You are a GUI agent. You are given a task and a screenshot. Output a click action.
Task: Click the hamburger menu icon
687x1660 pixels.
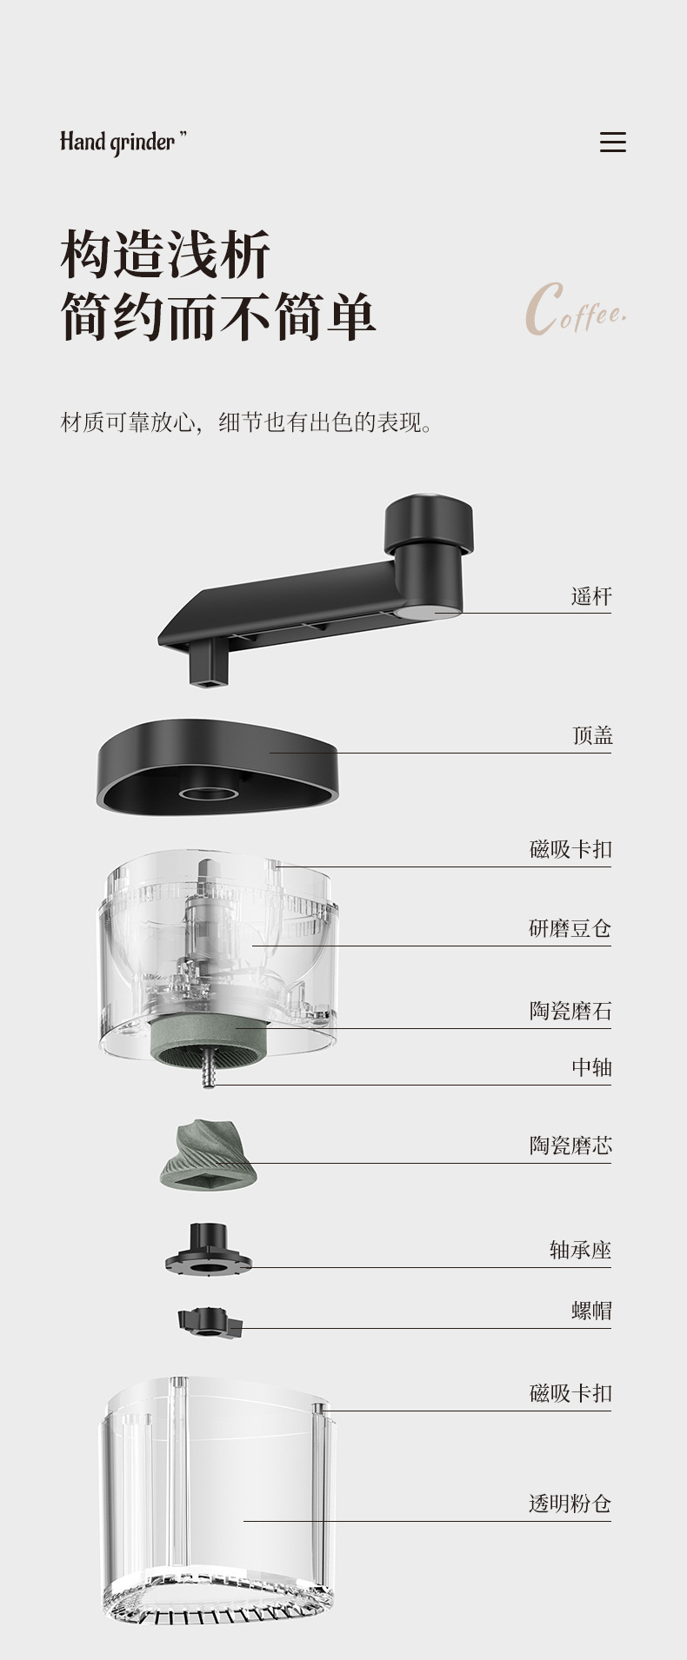coord(612,143)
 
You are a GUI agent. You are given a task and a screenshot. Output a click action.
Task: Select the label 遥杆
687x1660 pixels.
coord(591,596)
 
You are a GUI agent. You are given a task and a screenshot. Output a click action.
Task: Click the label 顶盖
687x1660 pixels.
coord(592,736)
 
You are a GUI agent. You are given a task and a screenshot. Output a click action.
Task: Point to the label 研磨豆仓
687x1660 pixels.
coord(570,929)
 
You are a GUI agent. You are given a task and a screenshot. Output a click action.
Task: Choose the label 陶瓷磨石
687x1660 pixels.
coord(570,1012)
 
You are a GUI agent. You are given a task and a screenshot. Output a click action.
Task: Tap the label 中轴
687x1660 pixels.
coord(591,1067)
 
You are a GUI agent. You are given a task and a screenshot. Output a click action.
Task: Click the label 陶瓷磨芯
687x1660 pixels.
coord(570,1146)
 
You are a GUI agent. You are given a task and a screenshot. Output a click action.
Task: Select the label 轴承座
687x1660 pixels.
coord(580,1251)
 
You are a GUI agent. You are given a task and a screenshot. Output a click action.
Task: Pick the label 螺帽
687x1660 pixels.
coord(591,1311)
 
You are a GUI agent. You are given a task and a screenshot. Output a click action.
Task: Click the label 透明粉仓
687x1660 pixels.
coord(570,1504)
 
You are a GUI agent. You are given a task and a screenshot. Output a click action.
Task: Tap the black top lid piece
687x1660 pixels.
coord(217,765)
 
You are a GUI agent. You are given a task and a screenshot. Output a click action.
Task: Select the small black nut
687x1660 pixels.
coord(209,1322)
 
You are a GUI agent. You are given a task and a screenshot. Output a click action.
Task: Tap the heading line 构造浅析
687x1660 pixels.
coord(165,256)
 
